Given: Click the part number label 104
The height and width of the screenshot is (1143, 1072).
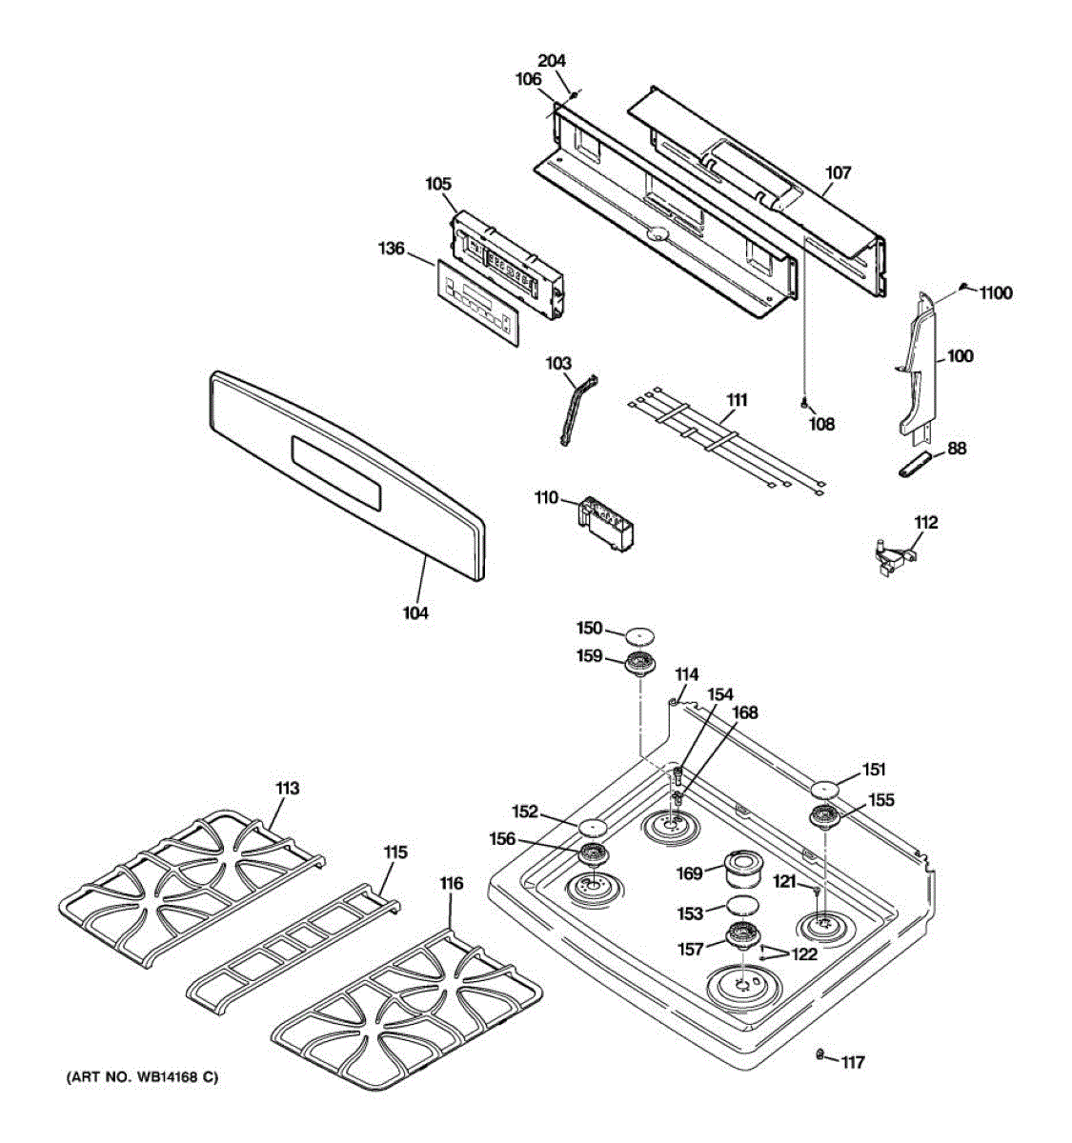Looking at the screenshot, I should (x=415, y=613).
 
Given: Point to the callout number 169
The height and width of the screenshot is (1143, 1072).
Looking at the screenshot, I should (x=689, y=873).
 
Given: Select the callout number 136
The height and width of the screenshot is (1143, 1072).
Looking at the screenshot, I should (x=392, y=250).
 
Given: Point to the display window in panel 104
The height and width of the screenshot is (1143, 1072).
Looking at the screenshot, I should (x=336, y=471).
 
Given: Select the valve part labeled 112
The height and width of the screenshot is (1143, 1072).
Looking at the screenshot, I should (x=893, y=556).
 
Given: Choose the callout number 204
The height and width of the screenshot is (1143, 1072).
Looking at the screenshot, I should (x=552, y=61).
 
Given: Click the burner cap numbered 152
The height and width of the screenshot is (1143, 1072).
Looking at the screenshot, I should (x=593, y=825).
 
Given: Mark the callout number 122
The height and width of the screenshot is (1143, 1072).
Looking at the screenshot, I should (x=804, y=953).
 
